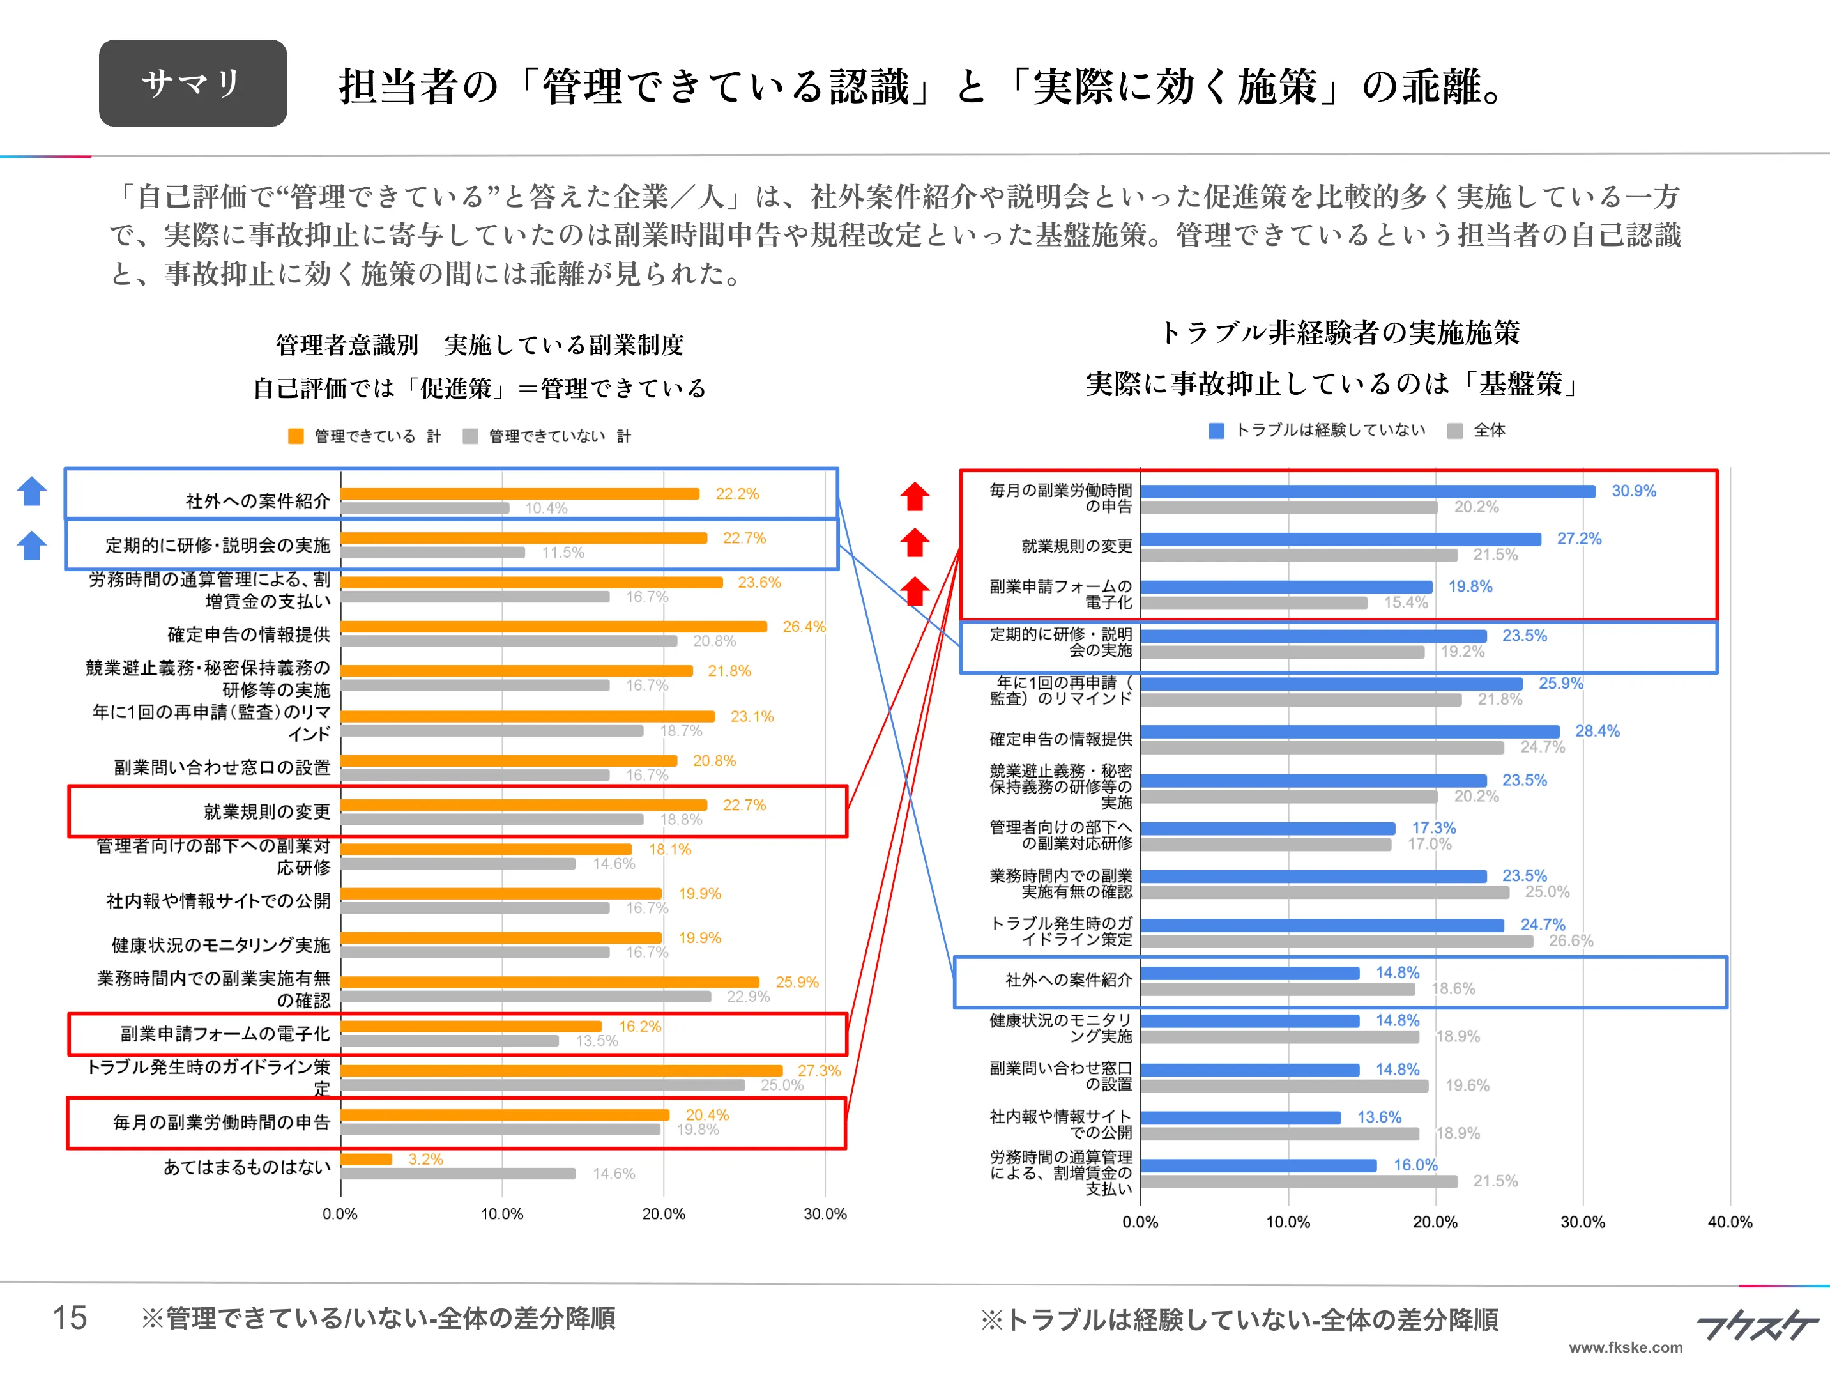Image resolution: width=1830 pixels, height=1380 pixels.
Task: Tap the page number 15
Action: [70, 1317]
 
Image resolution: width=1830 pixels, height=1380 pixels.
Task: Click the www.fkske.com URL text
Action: [1625, 1347]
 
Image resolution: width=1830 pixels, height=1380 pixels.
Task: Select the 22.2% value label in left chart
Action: [736, 494]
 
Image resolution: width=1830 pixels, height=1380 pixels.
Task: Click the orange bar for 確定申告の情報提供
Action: [553, 626]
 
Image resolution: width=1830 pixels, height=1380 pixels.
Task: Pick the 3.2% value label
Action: [425, 1159]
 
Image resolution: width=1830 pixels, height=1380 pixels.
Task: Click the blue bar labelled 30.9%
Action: [1367, 491]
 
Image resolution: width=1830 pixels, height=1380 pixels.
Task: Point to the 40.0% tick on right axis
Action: [1729, 1222]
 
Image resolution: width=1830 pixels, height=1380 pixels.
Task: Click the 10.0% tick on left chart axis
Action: [501, 1214]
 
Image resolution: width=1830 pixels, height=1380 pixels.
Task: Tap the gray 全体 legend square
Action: [1455, 430]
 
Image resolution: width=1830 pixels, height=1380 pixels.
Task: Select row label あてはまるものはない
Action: [247, 1167]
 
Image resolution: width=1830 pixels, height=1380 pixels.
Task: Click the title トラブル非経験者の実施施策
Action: [1340, 333]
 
